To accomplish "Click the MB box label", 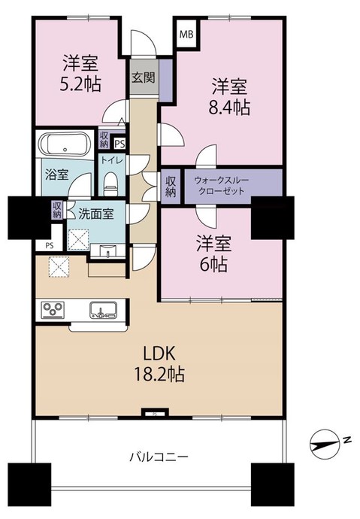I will click(185, 33).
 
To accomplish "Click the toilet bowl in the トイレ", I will click(111, 181).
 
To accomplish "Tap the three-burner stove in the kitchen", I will click(54, 310).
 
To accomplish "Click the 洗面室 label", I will click(97, 213).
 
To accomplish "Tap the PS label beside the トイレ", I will click(119, 143).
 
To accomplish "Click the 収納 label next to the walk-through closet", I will click(171, 185).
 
